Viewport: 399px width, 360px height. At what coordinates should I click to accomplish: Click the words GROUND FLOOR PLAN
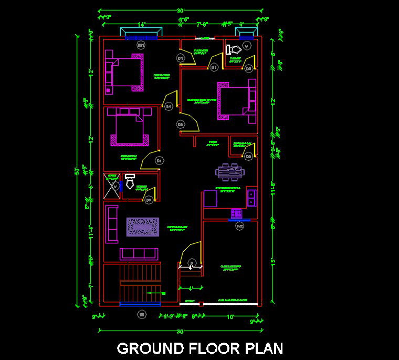point(200,348)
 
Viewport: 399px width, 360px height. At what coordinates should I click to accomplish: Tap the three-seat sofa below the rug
point(139,254)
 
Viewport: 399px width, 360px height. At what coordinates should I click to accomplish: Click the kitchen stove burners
point(236,213)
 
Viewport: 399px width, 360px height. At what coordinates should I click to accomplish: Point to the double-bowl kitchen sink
point(251,197)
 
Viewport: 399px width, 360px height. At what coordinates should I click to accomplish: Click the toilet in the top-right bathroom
point(232,49)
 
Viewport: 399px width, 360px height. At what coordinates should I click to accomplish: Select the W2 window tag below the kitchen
point(240,226)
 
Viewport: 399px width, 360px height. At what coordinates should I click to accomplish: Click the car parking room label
point(232,268)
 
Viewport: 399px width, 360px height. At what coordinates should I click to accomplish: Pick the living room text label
point(177,228)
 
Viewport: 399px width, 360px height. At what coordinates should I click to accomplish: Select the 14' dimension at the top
point(141,24)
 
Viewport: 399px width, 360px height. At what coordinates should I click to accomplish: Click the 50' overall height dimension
point(77,171)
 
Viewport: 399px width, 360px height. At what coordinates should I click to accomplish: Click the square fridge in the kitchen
point(211,199)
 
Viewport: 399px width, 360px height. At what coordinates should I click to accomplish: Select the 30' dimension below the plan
point(180,332)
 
